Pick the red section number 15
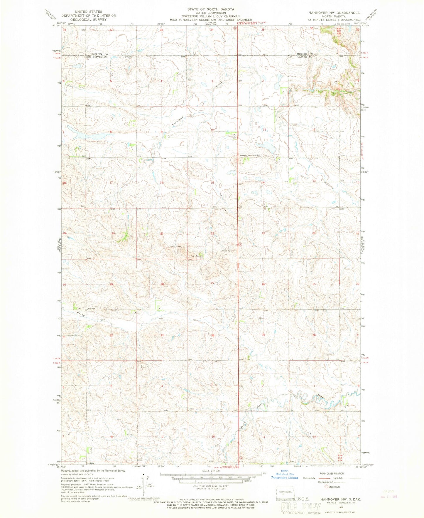212,183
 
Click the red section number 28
162,284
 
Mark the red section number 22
212,233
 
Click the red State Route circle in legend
326,487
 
